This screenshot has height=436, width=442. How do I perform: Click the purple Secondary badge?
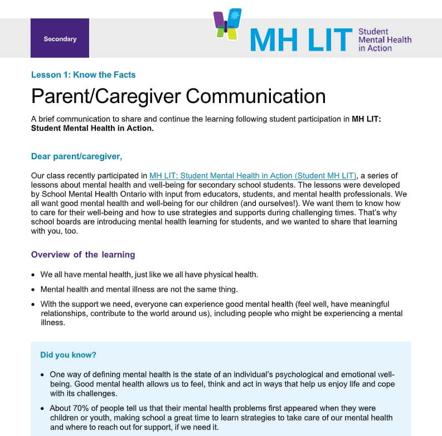point(60,38)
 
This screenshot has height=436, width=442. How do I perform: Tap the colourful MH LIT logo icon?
point(228,24)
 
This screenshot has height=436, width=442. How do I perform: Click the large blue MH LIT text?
point(301,39)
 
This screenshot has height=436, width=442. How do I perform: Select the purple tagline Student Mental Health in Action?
point(385,40)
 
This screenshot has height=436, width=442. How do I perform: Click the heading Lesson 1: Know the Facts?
point(83,75)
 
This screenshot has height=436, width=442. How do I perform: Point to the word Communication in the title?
point(255,96)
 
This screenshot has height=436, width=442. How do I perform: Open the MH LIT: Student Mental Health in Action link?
point(252,176)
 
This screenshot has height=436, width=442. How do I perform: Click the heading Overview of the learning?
point(83,254)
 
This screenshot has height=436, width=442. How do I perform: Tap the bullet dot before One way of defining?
point(43,375)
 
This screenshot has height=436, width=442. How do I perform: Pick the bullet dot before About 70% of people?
point(43,409)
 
